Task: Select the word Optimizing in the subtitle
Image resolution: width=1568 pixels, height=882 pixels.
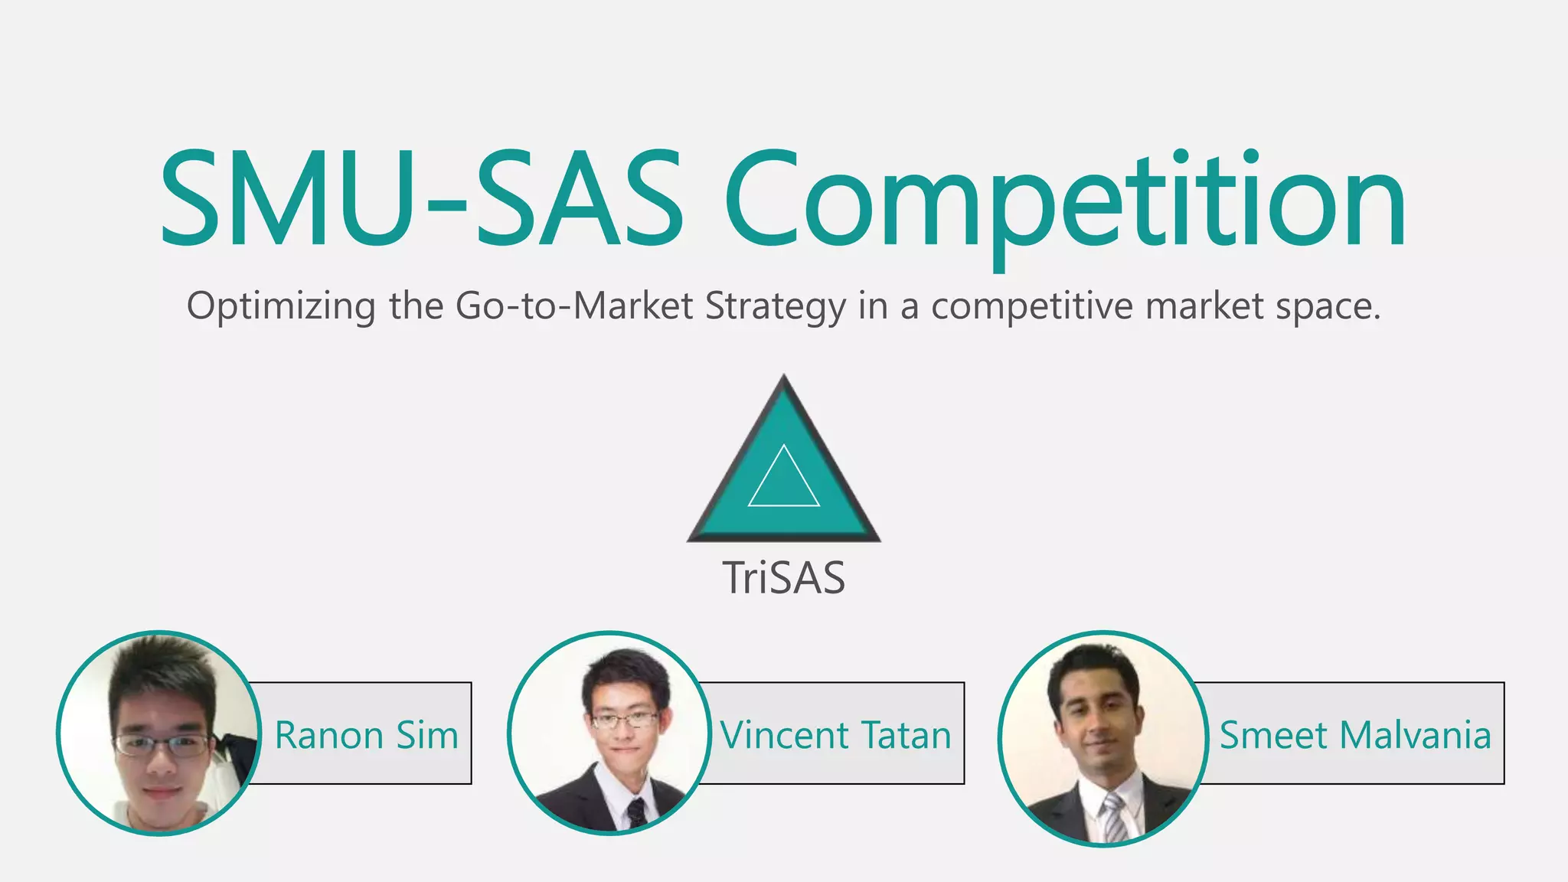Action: click(281, 306)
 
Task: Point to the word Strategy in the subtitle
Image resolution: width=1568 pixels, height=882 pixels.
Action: click(775, 306)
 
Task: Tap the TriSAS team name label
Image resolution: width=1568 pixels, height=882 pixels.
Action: click(784, 578)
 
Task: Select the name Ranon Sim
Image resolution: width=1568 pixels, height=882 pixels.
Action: click(367, 735)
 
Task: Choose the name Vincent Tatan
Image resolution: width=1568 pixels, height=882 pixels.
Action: click(835, 735)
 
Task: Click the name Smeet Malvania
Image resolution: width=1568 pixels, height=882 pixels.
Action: click(1355, 735)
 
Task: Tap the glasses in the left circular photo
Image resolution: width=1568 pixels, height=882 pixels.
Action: click(161, 744)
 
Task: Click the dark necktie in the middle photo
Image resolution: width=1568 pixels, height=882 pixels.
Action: click(636, 813)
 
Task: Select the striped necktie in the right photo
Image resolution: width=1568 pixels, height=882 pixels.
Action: click(1114, 818)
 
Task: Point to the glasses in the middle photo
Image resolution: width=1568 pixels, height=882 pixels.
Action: click(625, 720)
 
